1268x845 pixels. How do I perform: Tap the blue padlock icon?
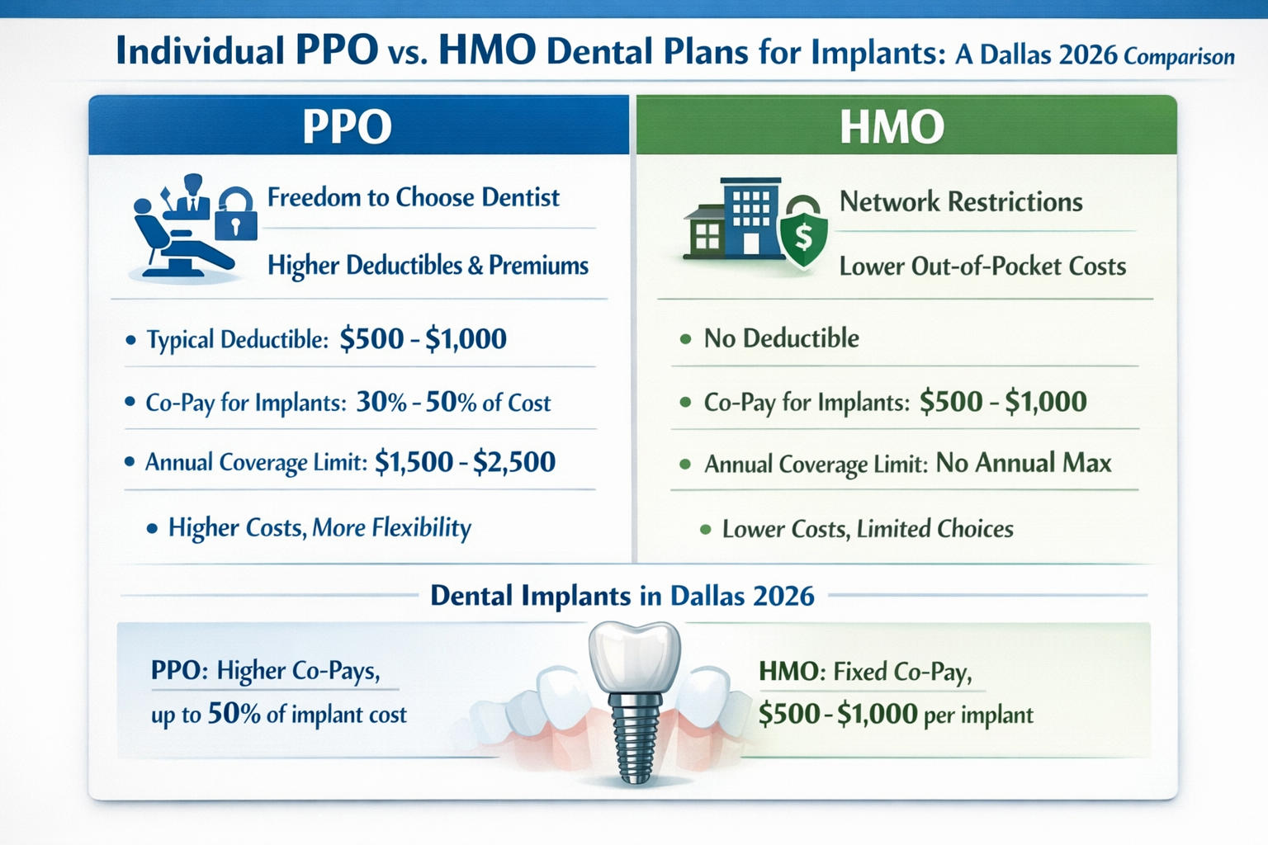pyautogui.click(x=235, y=216)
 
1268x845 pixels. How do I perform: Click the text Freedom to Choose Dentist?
pyautogui.click(x=413, y=197)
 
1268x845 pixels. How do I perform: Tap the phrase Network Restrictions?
pyautogui.click(x=960, y=201)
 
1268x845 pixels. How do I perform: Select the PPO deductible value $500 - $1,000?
pyautogui.click(x=423, y=338)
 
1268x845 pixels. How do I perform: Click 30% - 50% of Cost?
pyautogui.click(x=452, y=402)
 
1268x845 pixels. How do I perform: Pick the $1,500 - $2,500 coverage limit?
pyautogui.click(x=465, y=461)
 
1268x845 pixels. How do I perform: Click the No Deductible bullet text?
pyautogui.click(x=781, y=338)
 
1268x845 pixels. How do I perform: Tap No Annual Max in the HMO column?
pyautogui.click(x=1023, y=462)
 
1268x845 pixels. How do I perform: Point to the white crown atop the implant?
pyautogui.click(x=635, y=656)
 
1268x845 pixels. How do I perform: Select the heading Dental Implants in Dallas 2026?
pyautogui.click(x=622, y=595)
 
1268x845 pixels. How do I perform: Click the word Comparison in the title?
pyautogui.click(x=1179, y=57)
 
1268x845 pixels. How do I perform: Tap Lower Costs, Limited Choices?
pyautogui.click(x=867, y=528)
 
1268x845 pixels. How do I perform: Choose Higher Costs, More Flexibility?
pyautogui.click(x=319, y=527)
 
